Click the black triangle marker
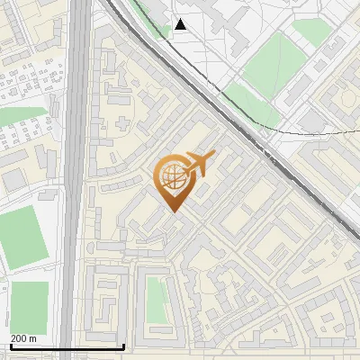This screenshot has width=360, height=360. [x=181, y=24]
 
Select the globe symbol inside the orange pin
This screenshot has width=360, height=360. [x=173, y=177]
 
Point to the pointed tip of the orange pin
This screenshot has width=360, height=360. [x=174, y=211]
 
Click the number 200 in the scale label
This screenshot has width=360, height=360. [x=18, y=337]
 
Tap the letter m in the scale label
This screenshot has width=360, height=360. [x=33, y=337]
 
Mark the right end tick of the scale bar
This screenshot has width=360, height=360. [x=123, y=346]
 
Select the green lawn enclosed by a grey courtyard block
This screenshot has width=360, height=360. [x=157, y=299]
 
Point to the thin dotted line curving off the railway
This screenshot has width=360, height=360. [x=306, y=131]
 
